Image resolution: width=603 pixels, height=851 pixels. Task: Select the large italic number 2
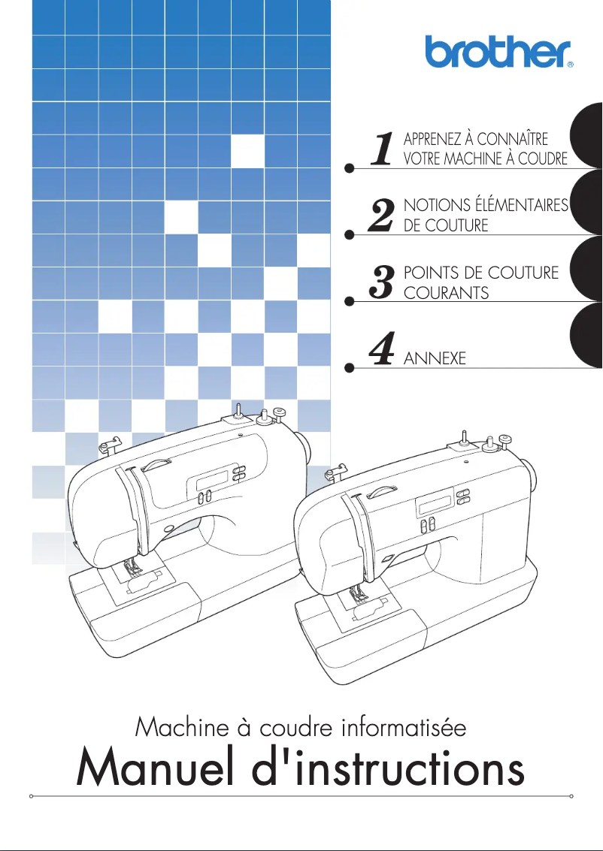click(383, 216)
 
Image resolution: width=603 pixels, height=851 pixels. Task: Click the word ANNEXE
click(435, 359)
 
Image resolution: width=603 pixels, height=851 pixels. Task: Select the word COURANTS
click(447, 293)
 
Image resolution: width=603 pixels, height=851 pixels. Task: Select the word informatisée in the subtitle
click(404, 727)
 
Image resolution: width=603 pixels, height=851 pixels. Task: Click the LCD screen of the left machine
click(222, 474)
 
